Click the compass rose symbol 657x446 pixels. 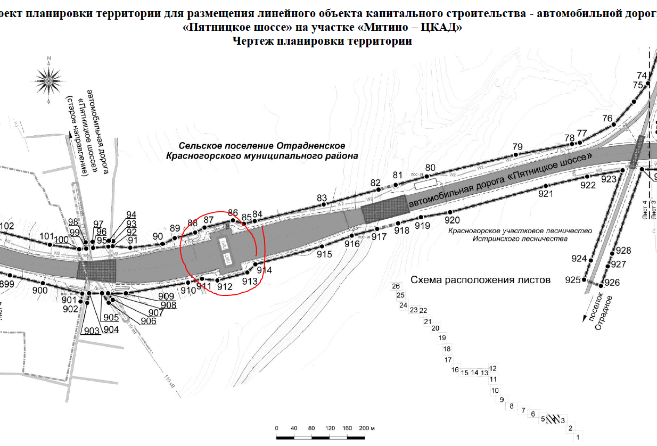pos(48,80)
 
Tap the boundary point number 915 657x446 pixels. pos(324,254)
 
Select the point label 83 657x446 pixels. pos(322,199)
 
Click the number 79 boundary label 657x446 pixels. pos(518,147)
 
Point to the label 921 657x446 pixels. pos(546,194)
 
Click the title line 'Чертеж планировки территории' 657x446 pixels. pos(323,42)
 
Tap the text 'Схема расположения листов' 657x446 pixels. pos(480,280)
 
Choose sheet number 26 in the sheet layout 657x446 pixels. pos(396,286)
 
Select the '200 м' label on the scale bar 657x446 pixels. pos(367,428)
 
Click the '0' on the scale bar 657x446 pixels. pos(277,428)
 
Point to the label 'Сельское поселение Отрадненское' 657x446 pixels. pos(262,146)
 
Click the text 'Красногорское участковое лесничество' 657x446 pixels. pos(520,231)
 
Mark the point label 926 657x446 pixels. pos(612,283)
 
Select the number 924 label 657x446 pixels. pos(579,259)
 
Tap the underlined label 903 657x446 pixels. pos(92,331)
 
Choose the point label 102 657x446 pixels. pos(6,226)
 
